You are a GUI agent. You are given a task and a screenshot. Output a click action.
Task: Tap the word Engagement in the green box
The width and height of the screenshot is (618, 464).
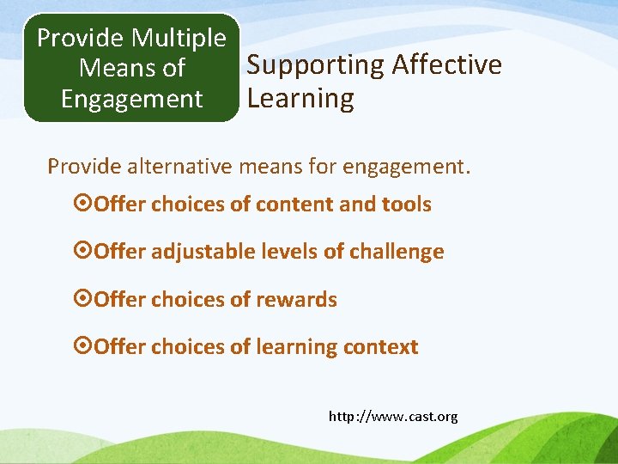131,99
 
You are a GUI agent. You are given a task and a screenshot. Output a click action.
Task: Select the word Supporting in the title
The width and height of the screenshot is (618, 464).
315,64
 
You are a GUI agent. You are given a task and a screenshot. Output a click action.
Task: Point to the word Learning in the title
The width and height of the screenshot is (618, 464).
300,99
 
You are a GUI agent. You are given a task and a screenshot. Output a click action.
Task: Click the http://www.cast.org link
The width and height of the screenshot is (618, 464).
393,417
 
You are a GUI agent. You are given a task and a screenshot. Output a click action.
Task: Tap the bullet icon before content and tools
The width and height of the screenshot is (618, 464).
84,205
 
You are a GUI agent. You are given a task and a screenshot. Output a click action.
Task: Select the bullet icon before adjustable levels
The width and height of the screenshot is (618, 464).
84,252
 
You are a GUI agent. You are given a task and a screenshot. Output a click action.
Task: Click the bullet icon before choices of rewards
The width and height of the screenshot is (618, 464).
84,300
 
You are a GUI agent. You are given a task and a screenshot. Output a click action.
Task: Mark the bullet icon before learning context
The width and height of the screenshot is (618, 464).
84,347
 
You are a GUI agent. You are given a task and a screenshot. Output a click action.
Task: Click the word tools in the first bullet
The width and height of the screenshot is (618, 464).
408,205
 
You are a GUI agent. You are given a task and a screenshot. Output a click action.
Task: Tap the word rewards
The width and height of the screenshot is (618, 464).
299,300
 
